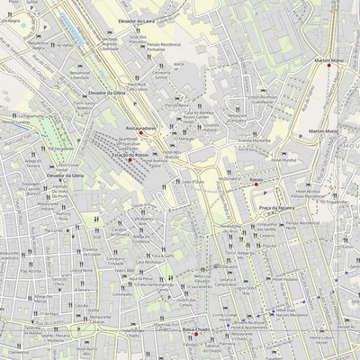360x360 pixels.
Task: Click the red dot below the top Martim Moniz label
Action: [329, 66]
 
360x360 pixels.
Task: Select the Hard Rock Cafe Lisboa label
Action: [137, 87]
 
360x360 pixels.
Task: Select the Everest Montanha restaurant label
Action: [255, 140]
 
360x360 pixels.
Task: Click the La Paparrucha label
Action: [27, 115]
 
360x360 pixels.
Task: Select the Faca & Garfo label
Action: [163, 256]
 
